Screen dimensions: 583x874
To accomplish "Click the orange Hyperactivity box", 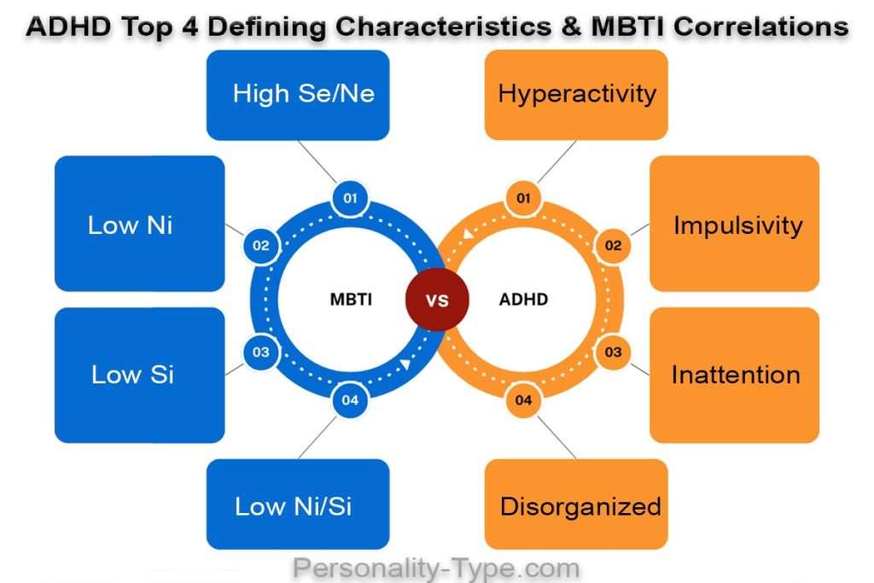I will click(x=576, y=94).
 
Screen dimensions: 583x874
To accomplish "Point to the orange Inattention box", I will click(x=735, y=375).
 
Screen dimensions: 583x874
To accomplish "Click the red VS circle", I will click(x=437, y=300).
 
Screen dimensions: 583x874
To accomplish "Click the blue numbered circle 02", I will click(x=261, y=247).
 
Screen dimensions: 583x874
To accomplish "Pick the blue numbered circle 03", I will click(x=261, y=352).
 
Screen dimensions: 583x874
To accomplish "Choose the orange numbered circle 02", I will click(x=613, y=247).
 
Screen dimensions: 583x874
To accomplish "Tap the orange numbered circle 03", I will click(x=613, y=352).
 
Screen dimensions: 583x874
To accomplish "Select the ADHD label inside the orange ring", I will click(x=523, y=300).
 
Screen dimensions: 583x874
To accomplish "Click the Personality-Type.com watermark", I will click(x=436, y=568).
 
